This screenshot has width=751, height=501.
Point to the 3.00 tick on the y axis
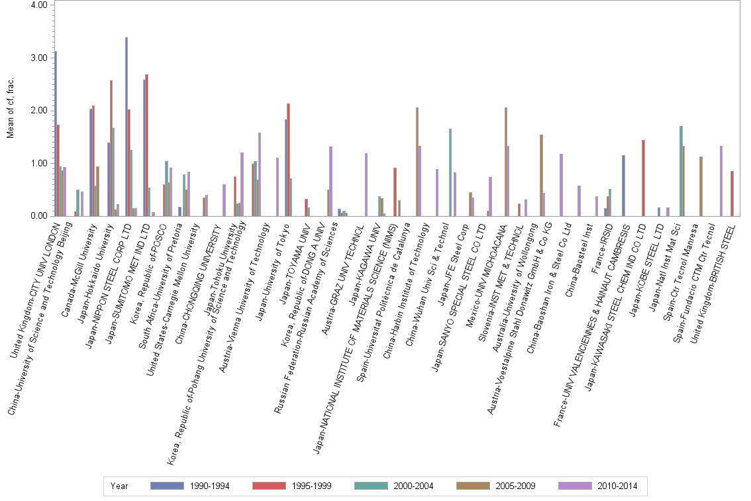click(x=39, y=58)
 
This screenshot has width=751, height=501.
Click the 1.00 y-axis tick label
click(x=39, y=163)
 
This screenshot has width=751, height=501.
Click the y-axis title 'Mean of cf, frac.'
click(x=10, y=110)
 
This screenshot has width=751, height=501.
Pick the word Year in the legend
click(x=120, y=486)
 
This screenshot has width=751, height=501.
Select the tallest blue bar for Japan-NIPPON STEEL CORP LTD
click(x=126, y=126)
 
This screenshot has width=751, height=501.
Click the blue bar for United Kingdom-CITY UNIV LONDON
click(x=56, y=133)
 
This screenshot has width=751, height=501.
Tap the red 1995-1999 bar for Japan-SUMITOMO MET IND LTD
click(x=146, y=144)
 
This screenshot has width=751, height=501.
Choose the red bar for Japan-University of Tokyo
click(x=289, y=159)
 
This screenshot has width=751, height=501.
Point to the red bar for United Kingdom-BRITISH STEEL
click(x=732, y=193)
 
